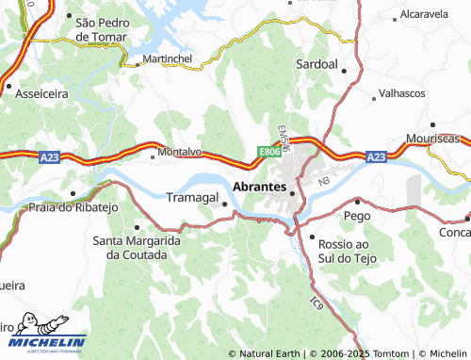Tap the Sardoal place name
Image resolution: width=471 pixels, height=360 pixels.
pos(317,64)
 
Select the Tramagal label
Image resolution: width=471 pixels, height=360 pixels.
pos(191,198)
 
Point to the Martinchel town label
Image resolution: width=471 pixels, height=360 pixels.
pos(167,58)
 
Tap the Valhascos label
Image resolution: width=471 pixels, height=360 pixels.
pos(402,93)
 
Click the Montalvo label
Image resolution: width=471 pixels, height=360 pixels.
pos(180,151)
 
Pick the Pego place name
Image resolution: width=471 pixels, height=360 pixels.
pos(357,216)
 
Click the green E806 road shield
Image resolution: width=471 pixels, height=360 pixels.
pos(269,152)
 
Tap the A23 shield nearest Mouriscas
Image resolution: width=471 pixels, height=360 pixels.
pos(376,156)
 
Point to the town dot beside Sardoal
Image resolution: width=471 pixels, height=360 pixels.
pos(345,70)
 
